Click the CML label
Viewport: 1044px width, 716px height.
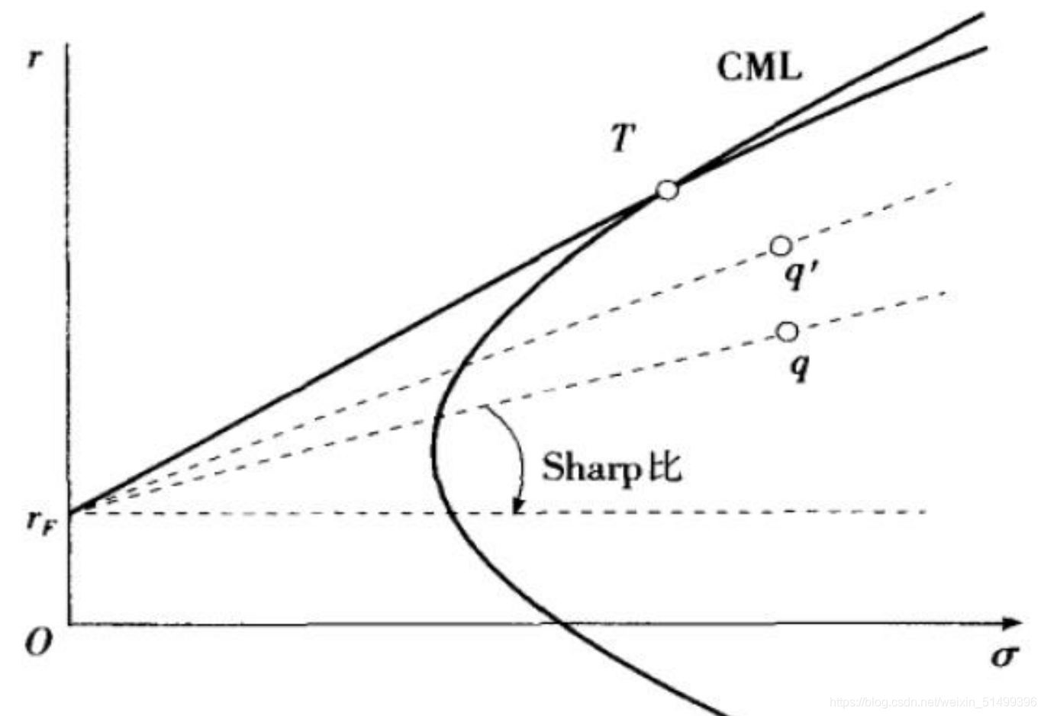coord(759,67)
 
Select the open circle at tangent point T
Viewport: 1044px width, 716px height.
coord(667,190)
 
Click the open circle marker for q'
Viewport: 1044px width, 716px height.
coord(780,246)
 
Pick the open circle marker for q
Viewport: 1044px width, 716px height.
coord(787,332)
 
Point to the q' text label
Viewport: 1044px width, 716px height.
coord(800,274)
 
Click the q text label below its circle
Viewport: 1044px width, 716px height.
coord(799,368)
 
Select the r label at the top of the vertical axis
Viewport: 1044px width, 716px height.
coord(33,59)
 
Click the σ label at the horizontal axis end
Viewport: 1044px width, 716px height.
coord(1004,655)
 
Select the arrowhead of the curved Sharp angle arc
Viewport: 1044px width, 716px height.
coord(519,506)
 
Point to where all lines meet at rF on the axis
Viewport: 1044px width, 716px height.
coord(70,512)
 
